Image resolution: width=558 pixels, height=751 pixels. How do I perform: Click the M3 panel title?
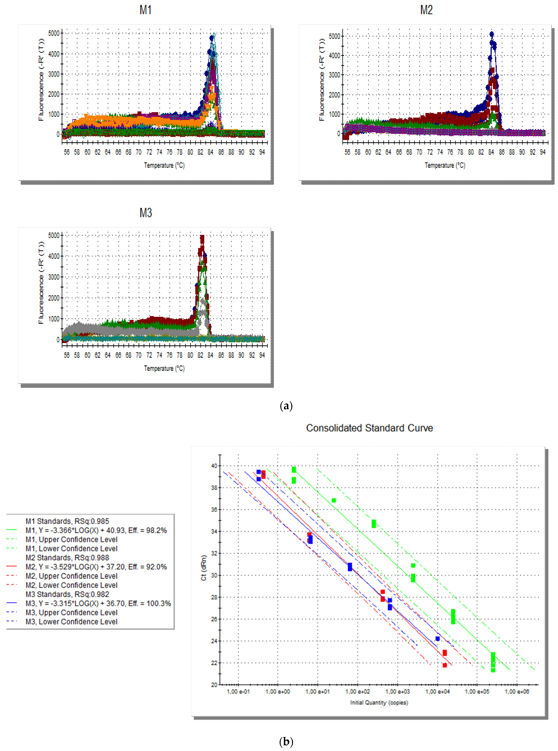tap(146, 213)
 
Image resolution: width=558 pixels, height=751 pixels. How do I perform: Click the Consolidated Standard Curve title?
tap(369, 428)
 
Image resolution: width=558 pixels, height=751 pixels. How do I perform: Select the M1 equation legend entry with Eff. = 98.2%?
tap(96, 530)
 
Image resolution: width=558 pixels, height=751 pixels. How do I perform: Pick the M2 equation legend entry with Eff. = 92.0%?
tap(96, 567)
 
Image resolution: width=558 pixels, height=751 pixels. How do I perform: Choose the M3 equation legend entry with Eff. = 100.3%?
tap(98, 603)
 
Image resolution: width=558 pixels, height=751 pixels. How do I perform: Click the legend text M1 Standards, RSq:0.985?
tap(67, 521)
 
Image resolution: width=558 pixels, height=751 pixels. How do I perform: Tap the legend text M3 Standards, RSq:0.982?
tap(67, 594)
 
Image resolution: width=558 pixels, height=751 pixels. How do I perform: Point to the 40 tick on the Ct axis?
tap(214, 466)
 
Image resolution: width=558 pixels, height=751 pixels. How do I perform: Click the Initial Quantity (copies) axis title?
tap(379, 703)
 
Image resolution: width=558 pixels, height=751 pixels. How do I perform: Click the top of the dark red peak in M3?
tap(202, 237)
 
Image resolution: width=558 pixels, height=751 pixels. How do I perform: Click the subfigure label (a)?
tap(286, 406)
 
